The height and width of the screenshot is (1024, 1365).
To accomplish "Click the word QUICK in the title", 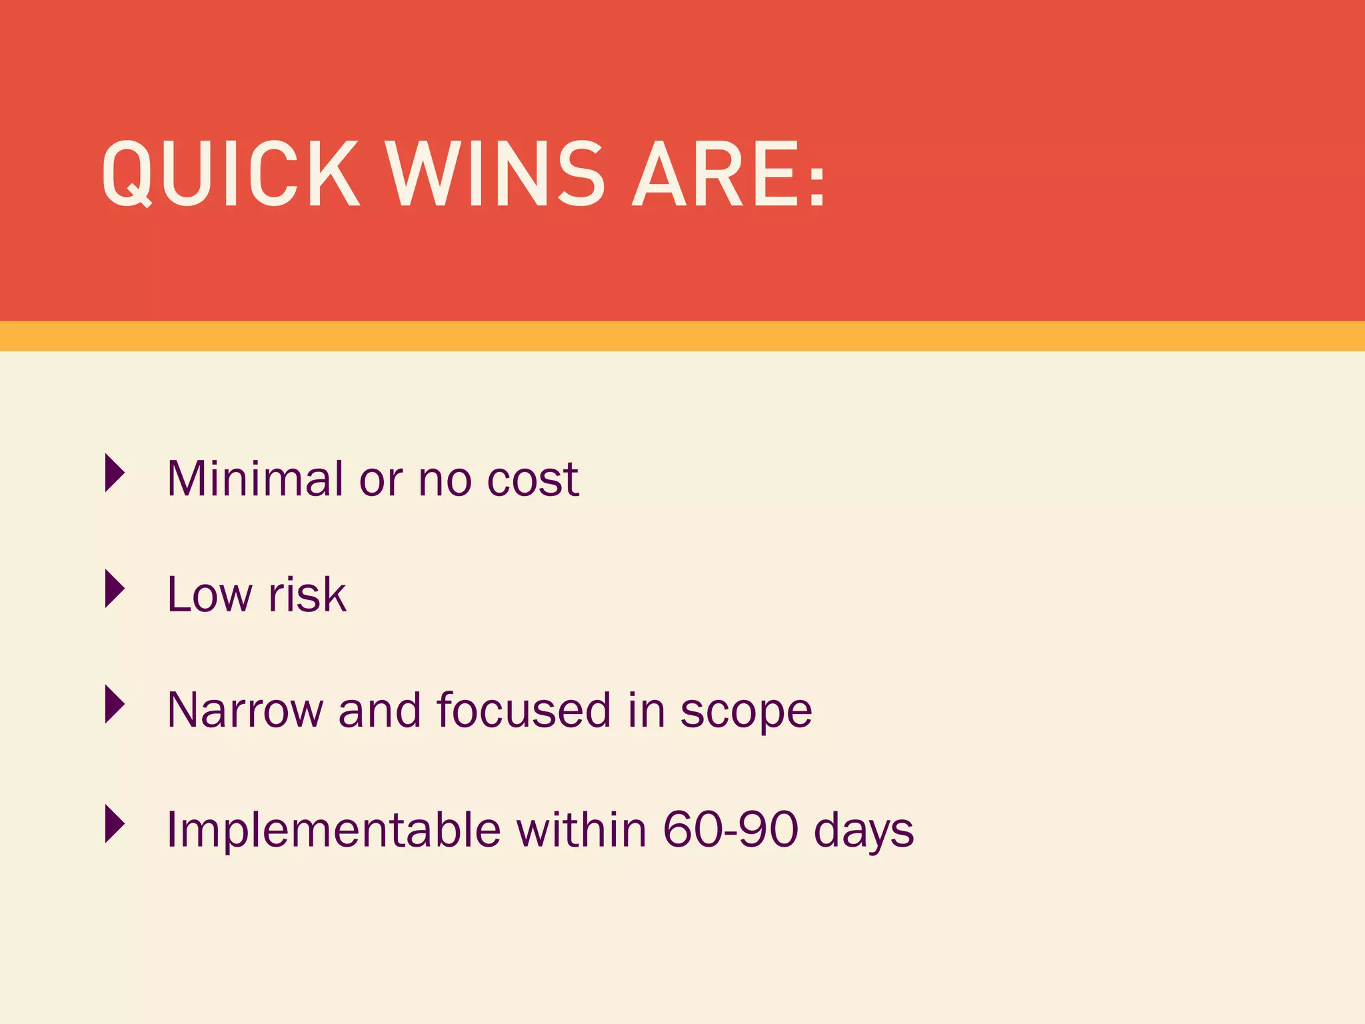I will click(x=230, y=175).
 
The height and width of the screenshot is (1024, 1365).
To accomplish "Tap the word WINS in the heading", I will click(x=495, y=175).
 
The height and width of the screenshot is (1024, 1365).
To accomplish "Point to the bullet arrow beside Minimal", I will click(x=115, y=473).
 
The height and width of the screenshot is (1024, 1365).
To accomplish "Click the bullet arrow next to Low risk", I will click(x=115, y=589).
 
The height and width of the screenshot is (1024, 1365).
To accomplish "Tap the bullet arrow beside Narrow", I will click(x=115, y=705).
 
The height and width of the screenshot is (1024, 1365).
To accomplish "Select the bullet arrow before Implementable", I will click(x=115, y=823).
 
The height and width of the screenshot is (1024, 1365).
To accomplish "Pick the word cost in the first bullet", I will click(x=533, y=479).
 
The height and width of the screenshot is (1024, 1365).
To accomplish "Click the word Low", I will click(x=210, y=594).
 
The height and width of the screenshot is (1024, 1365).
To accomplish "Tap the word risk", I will click(x=307, y=594).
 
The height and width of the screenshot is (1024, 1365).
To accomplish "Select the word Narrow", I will click(x=245, y=710).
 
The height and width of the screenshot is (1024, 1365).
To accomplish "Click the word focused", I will click(x=523, y=710).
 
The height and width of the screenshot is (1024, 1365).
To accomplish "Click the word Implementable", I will click(x=333, y=829).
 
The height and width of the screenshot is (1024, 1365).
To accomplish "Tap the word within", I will click(x=581, y=829).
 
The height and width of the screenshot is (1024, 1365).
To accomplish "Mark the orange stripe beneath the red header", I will click(x=682, y=336).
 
